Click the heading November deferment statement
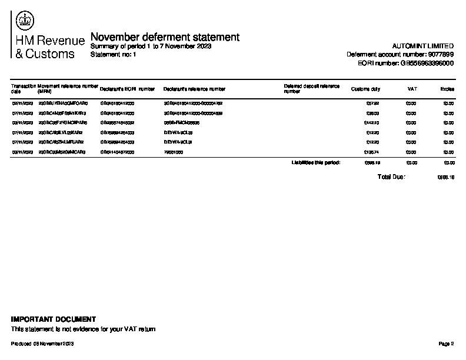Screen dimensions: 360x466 coord(165,37)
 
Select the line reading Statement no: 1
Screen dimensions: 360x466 coord(114,54)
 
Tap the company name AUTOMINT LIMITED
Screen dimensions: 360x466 coord(422,46)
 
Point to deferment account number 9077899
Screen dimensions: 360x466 coord(400,54)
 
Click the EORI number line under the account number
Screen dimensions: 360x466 coord(405,63)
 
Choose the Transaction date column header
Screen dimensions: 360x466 coord(23,89)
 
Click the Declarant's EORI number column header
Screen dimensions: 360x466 coord(128,89)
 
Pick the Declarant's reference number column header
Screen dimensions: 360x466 coord(194,89)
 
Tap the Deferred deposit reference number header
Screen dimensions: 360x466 coord(311,89)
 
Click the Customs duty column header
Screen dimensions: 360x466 coord(365,89)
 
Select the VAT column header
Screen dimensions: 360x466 coord(412,89)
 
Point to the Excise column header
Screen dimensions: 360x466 coord(447,89)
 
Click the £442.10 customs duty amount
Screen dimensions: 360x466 coord(372,122)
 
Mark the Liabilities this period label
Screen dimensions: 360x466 coord(316,162)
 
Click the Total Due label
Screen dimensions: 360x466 coord(391,176)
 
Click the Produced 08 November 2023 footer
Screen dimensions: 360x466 coord(42,344)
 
